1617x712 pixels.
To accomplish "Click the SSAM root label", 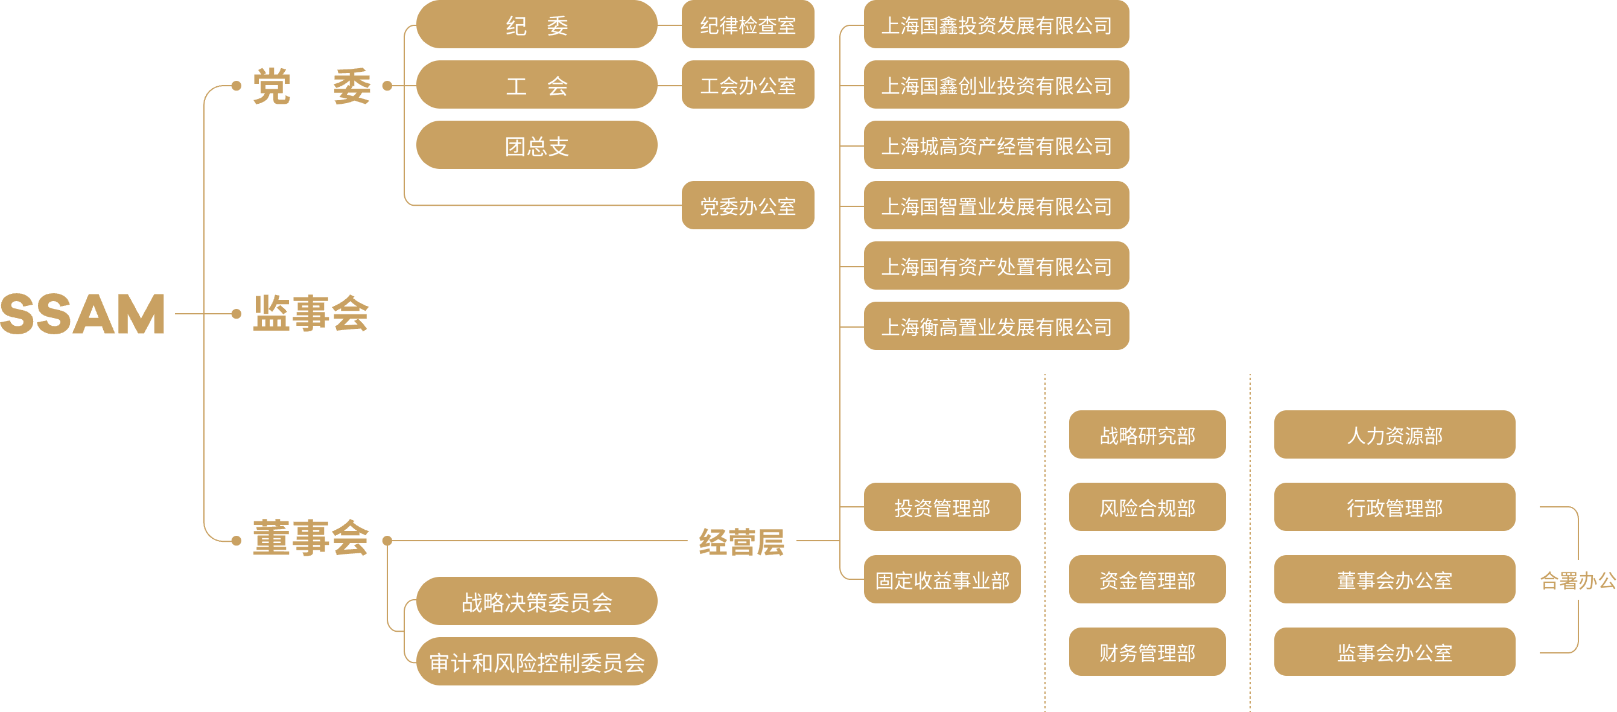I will click(83, 313).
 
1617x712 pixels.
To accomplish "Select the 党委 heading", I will click(312, 86).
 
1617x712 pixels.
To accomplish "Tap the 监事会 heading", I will click(311, 313).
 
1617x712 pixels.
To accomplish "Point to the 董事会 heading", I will click(311, 538).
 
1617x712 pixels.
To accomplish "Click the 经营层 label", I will click(742, 541).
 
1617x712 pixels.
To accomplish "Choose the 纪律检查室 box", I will click(748, 25).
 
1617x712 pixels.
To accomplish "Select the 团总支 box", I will click(537, 145).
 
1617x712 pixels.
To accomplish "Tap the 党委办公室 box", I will click(748, 206).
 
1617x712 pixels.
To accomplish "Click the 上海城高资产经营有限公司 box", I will click(996, 145).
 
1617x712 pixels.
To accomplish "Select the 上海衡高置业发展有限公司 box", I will click(996, 326).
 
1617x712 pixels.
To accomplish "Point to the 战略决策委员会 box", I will click(537, 602).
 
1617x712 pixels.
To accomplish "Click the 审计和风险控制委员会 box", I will click(537, 662).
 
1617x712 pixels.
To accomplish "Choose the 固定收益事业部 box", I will click(942, 579).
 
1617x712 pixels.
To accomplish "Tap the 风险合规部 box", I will click(1147, 507).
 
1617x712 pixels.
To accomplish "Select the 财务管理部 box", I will click(1147, 652).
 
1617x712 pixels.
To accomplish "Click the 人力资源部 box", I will click(1394, 435).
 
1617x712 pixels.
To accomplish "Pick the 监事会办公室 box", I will click(1394, 652).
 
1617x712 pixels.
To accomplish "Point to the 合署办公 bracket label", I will click(1577, 580).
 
